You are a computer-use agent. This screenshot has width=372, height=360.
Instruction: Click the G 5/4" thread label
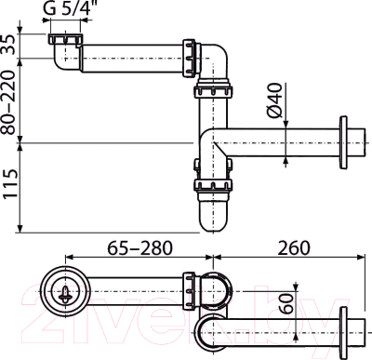click(x=70, y=11)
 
